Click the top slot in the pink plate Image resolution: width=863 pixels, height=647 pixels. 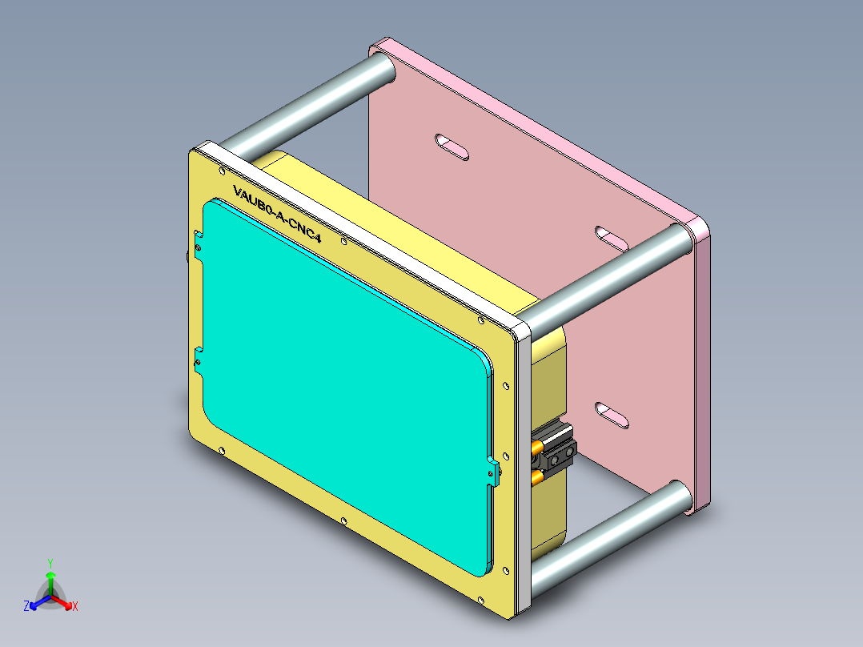coord(452,147)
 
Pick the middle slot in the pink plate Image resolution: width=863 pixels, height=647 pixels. coord(613,237)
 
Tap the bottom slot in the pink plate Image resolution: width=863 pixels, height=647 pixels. coord(612,415)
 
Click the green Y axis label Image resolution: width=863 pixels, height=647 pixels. coord(50,563)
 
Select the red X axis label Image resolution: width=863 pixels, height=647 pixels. coord(75,606)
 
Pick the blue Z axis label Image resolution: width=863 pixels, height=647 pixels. coord(26,606)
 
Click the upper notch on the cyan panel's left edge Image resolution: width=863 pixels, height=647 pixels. coord(199,241)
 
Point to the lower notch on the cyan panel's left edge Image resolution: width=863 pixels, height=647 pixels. coord(199,360)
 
